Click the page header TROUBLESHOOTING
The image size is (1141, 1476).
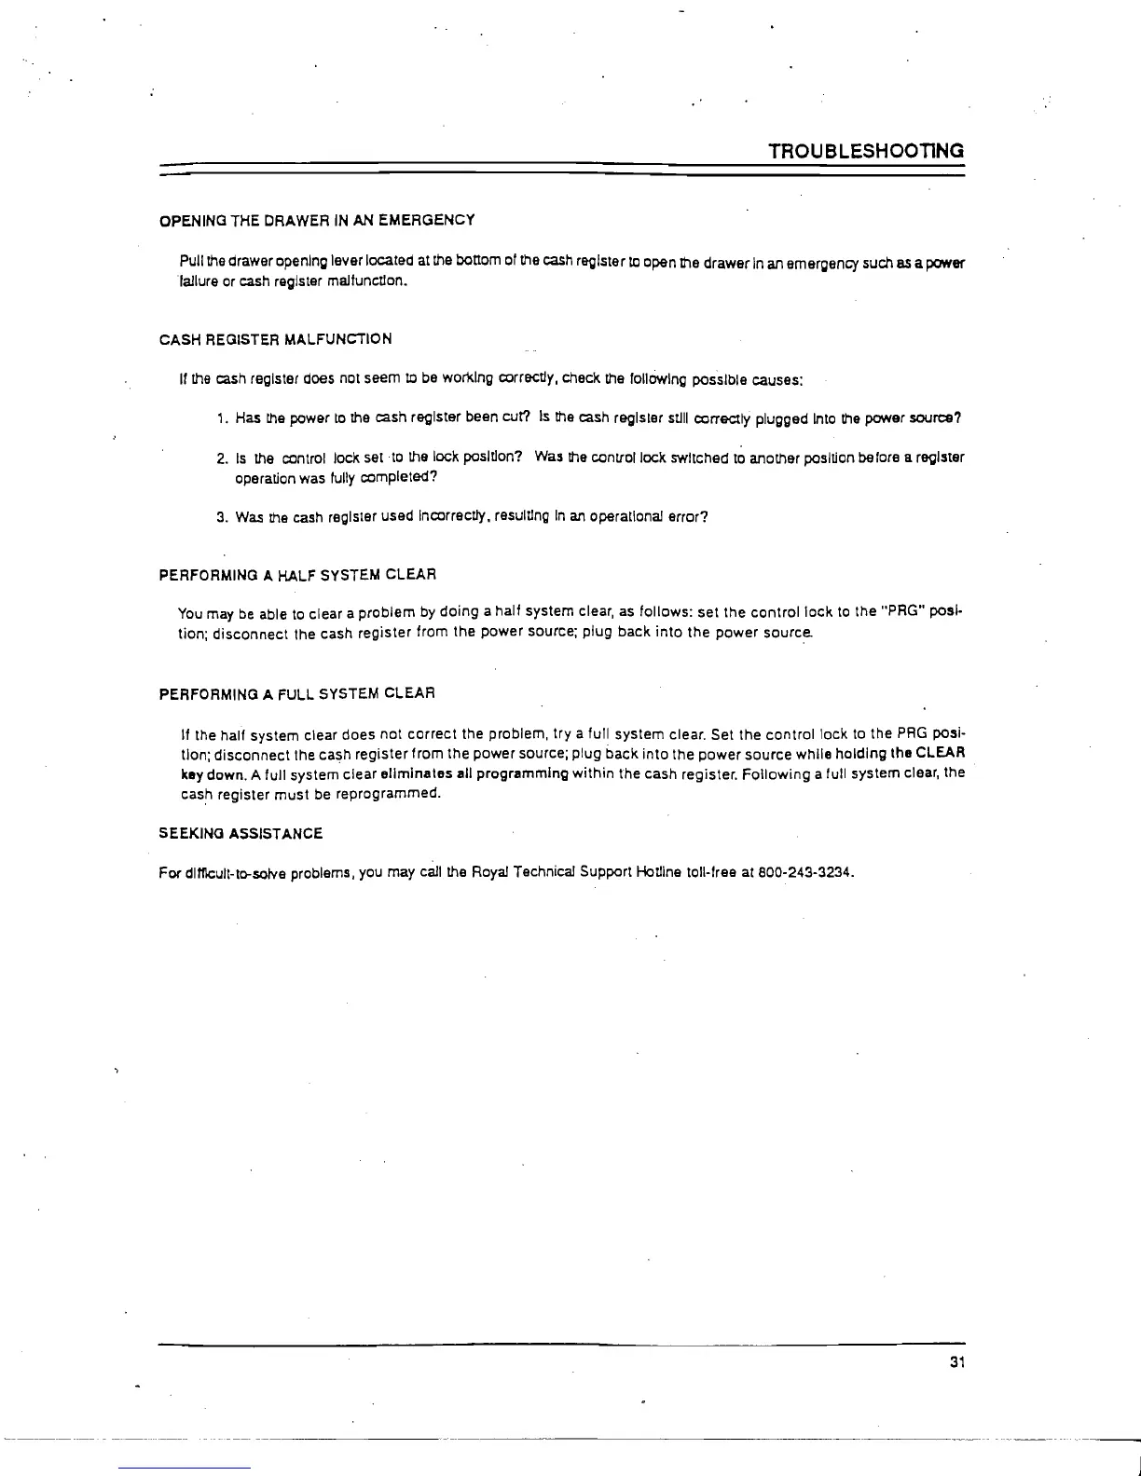coord(865,151)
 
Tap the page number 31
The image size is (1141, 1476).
coord(955,1362)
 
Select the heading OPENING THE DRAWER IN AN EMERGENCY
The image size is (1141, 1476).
coord(317,220)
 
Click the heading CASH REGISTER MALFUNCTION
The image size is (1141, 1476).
coord(275,339)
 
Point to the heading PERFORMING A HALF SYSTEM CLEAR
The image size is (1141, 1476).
coord(297,574)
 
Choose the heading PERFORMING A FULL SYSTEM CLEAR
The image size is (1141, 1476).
coord(297,694)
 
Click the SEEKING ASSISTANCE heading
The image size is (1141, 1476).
coord(241,833)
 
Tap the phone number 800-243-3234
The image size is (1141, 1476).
coord(806,873)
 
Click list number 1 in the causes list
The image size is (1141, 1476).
coord(220,419)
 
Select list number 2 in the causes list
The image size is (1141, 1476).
coord(220,458)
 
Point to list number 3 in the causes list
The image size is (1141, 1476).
coord(220,517)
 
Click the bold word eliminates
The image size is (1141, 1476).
coord(411,774)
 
